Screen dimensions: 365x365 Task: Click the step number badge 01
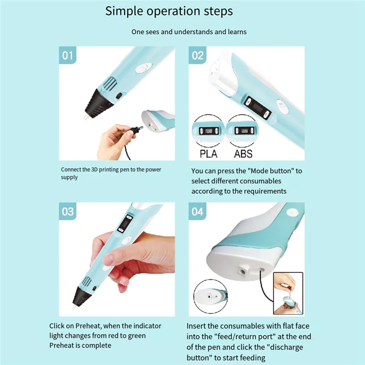[68, 55]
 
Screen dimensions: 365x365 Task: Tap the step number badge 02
[198, 55]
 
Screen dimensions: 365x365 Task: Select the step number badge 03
[68, 211]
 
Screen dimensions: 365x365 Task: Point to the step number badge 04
[198, 211]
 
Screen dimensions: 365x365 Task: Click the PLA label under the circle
[209, 154]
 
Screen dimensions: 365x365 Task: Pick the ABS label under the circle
[243, 154]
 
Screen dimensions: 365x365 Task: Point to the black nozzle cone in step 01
[99, 104]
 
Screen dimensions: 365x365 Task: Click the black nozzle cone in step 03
[82, 296]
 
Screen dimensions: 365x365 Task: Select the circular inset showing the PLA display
[208, 131]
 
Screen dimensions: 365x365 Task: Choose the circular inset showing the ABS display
[243, 131]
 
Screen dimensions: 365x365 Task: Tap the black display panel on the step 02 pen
[258, 108]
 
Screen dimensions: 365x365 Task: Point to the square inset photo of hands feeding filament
[288, 293]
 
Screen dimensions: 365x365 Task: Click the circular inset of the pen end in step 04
[211, 297]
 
